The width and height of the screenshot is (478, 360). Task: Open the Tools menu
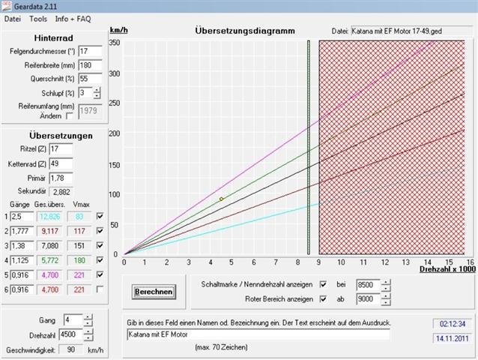point(37,18)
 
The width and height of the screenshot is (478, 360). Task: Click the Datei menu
point(13,18)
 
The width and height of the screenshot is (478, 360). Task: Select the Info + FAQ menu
point(73,18)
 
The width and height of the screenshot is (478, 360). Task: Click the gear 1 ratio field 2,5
point(22,217)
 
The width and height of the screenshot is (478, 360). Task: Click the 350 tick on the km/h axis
point(114,42)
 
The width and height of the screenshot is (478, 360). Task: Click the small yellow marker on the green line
point(221,199)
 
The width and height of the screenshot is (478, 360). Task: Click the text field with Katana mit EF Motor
point(258,334)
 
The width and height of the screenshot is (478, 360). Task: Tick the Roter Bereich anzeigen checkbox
point(323,299)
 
